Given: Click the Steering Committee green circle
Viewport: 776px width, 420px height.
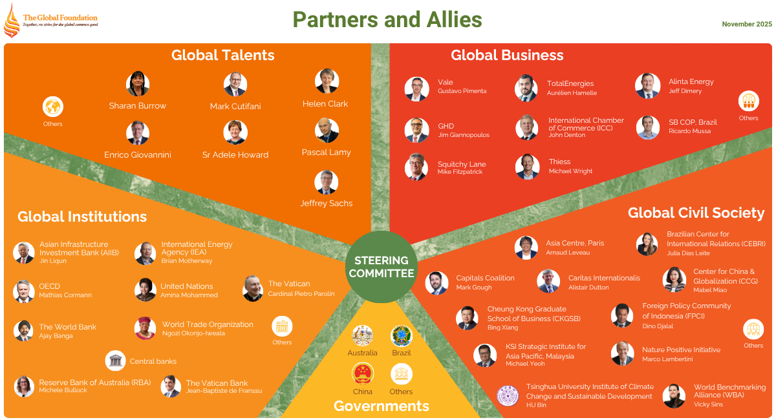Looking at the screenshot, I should [382, 266].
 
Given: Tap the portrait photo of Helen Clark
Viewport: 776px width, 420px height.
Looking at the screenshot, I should [327, 81].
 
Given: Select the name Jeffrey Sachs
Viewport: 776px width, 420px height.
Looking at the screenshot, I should [326, 203].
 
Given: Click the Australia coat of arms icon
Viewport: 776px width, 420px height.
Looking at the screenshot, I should [362, 336].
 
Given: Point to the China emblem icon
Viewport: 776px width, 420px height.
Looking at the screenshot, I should [362, 374].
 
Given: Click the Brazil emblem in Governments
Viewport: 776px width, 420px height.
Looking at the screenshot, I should [401, 336].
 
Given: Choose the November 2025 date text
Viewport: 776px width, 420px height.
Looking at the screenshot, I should [747, 24].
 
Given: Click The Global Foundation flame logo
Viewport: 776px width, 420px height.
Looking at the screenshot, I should [12, 20].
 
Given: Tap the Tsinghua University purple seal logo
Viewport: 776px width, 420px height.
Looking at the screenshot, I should [508, 396].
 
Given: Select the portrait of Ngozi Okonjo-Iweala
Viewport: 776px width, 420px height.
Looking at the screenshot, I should [145, 328].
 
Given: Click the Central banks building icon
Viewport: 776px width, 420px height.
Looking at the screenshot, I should [116, 361].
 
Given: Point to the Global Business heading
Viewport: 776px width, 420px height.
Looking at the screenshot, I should [507, 55].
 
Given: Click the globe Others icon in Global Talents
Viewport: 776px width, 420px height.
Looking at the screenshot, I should [53, 107].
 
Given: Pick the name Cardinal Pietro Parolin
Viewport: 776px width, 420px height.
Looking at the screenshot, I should [301, 294].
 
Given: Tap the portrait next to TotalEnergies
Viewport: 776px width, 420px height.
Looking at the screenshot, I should [526, 87].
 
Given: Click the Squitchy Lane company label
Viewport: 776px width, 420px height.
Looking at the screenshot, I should [462, 164].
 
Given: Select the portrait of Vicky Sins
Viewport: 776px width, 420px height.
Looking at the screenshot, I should [674, 396].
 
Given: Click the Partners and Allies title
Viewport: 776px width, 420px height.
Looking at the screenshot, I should [387, 20].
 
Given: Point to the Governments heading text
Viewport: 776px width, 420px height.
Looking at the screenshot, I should [381, 406].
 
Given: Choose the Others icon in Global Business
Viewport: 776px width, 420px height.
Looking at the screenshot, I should [748, 101].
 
